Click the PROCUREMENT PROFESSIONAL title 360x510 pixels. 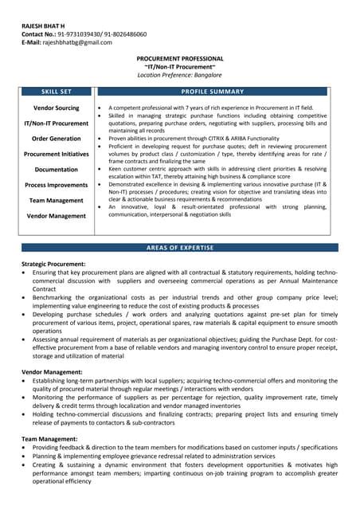point(180,59)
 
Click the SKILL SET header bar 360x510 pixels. point(57,92)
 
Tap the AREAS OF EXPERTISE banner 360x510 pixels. point(180,248)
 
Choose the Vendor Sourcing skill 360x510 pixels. point(57,108)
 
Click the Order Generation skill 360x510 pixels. point(57,139)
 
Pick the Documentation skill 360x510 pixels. point(57,170)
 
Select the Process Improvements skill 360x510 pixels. point(57,185)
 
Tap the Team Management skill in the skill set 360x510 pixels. point(57,200)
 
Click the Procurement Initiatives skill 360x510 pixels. point(57,154)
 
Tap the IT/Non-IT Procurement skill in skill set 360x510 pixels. point(57,124)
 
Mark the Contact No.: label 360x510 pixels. point(38,34)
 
